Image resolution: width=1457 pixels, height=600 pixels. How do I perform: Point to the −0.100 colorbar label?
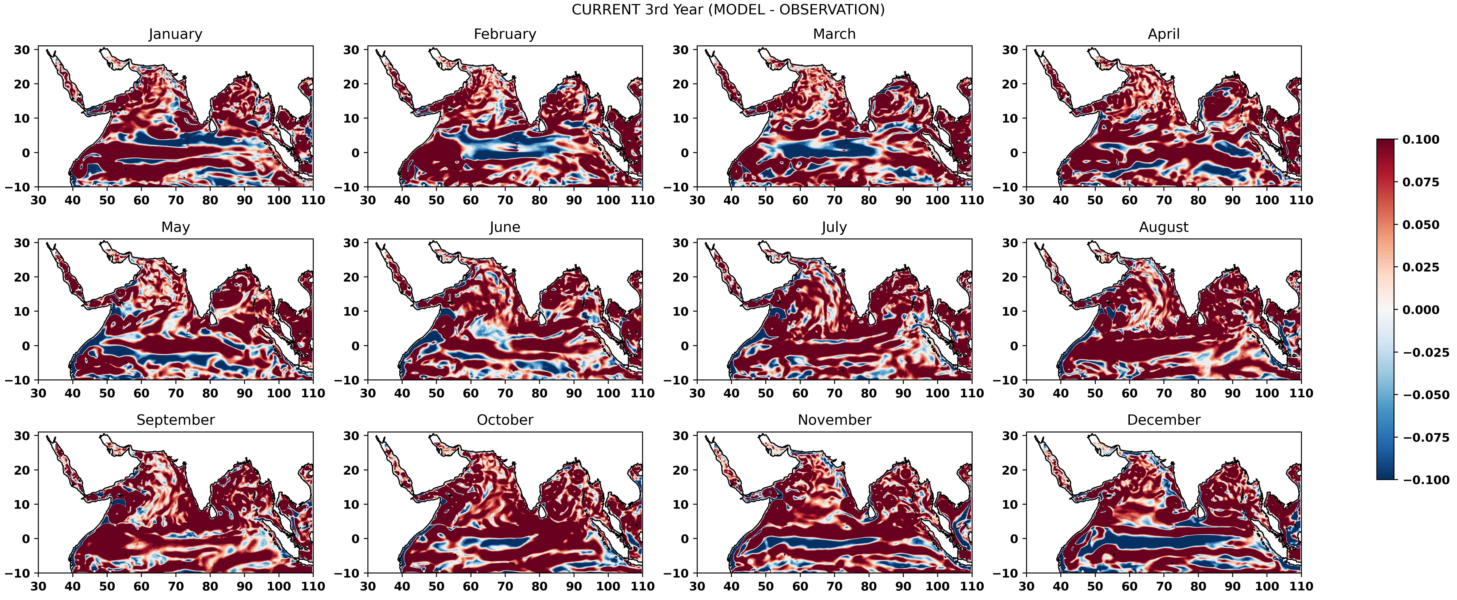tap(1425, 480)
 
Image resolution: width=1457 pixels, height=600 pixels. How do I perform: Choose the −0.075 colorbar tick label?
tap(1425, 438)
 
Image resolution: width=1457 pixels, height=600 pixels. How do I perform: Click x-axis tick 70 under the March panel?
tap(834, 200)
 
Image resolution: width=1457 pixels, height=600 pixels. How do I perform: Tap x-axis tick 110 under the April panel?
tap(1301, 200)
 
